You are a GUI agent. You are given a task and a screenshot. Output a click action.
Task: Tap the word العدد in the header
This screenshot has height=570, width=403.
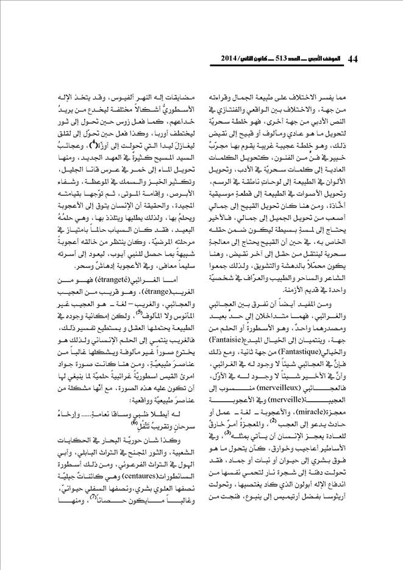[295, 60]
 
